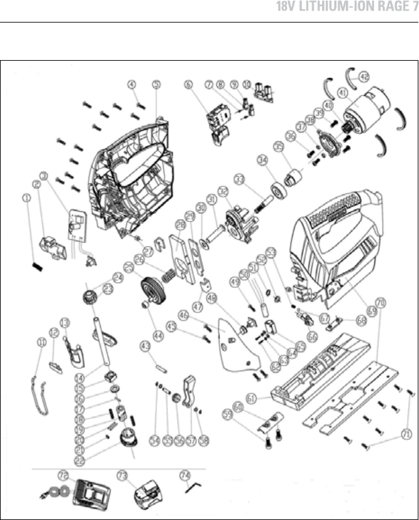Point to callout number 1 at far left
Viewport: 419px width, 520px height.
pyautogui.click(x=24, y=198)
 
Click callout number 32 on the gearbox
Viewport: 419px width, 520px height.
pyautogui.click(x=223, y=190)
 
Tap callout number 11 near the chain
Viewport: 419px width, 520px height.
pyautogui.click(x=42, y=342)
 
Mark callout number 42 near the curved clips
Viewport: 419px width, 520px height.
pyautogui.click(x=363, y=78)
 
